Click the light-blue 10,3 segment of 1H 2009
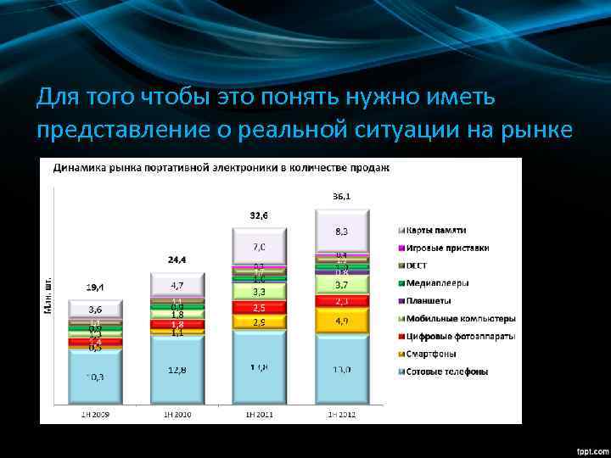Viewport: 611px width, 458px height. coord(95,377)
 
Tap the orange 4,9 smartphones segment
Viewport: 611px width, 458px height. coord(343,321)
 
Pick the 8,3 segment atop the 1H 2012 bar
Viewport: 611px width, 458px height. coord(343,230)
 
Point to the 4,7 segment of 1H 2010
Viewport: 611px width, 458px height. coord(177,284)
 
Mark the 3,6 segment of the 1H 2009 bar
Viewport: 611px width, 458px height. coord(95,310)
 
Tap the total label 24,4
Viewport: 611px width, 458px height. coord(177,258)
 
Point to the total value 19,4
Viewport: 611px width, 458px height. coord(95,287)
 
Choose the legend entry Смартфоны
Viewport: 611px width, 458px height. coord(434,354)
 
